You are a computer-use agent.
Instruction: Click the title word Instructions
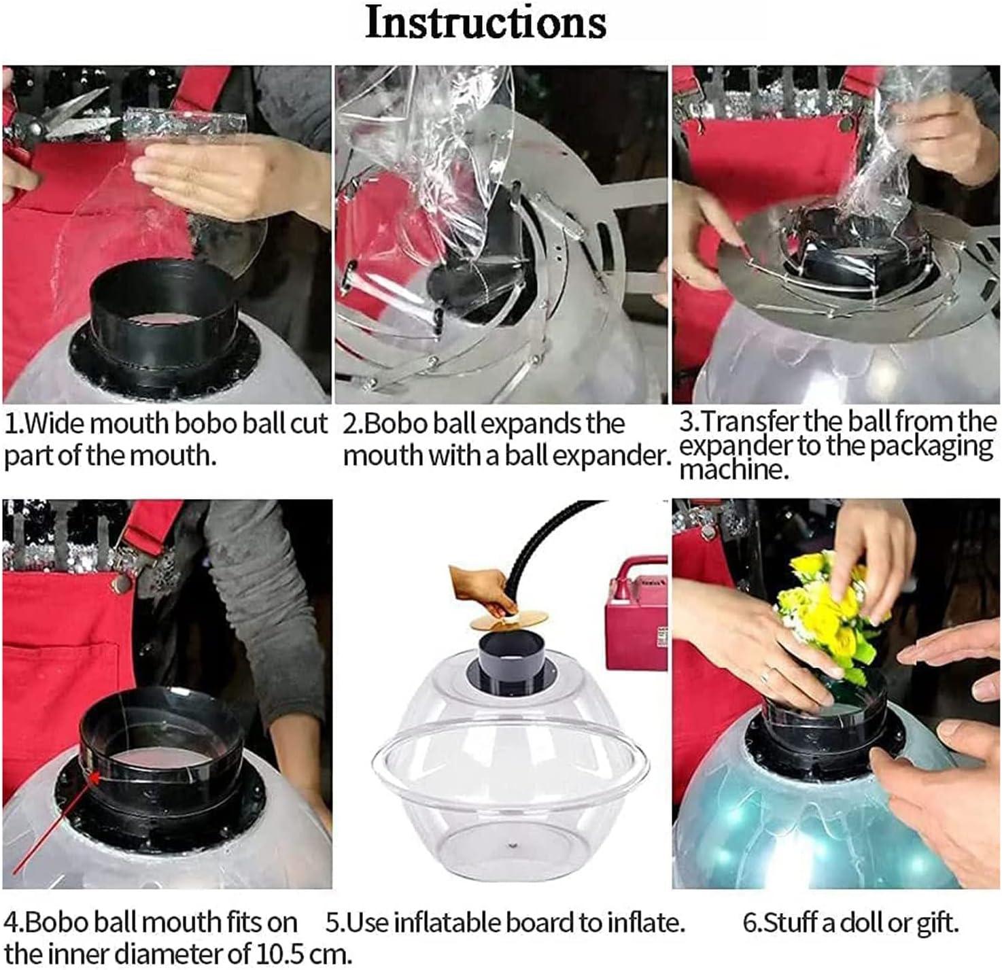coord(485,22)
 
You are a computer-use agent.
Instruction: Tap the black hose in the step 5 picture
coord(546,546)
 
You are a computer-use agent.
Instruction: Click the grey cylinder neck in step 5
coord(513,661)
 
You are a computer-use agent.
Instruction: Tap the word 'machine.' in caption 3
coord(734,470)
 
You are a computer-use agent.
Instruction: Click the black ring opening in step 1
coord(164,288)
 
